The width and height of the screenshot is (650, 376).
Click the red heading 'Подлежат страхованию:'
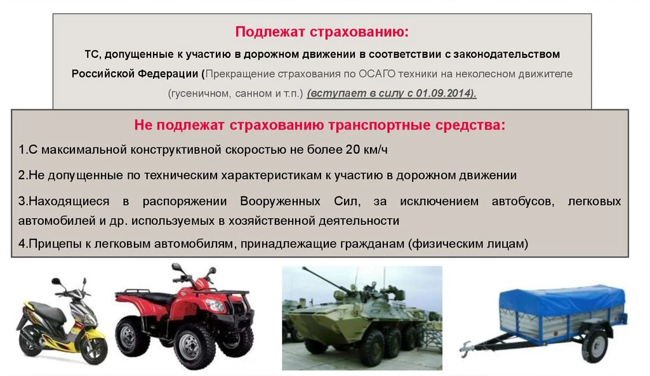[322, 32]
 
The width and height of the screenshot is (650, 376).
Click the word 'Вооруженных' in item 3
[280, 201]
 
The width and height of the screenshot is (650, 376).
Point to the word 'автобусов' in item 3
[523, 202]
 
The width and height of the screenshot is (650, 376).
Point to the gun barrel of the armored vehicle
[321, 276]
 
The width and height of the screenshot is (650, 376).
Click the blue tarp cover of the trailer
[562, 301]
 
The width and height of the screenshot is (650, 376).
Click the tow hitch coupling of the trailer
[468, 348]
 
